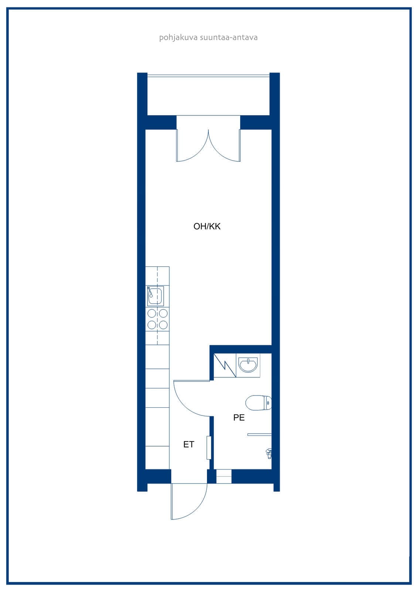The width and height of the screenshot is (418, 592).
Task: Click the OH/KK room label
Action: pos(207,226)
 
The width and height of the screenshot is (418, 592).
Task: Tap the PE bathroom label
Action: pos(239,417)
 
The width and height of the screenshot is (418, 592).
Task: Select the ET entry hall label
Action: pos(188,444)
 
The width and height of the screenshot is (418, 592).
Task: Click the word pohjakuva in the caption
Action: pos(178,37)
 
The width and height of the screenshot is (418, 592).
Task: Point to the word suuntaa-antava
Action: pos(229,37)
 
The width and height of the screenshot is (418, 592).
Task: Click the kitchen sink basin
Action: pos(155,296)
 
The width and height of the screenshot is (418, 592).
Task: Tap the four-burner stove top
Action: pos(157,319)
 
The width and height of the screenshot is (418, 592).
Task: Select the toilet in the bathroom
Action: pos(258,403)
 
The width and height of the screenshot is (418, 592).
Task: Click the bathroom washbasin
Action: pos(248,365)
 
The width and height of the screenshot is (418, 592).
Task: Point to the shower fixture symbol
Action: pos(269,454)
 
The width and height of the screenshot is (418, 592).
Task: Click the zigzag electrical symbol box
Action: pos(225,365)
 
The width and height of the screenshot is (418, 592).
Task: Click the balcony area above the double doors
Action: pos(208,96)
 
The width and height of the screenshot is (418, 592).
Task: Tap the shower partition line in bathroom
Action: pos(259,434)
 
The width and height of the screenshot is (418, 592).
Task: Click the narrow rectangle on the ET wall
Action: pos(208,448)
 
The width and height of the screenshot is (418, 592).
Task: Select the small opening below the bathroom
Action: pos(224,476)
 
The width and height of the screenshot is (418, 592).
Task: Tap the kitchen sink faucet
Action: pos(150,292)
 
